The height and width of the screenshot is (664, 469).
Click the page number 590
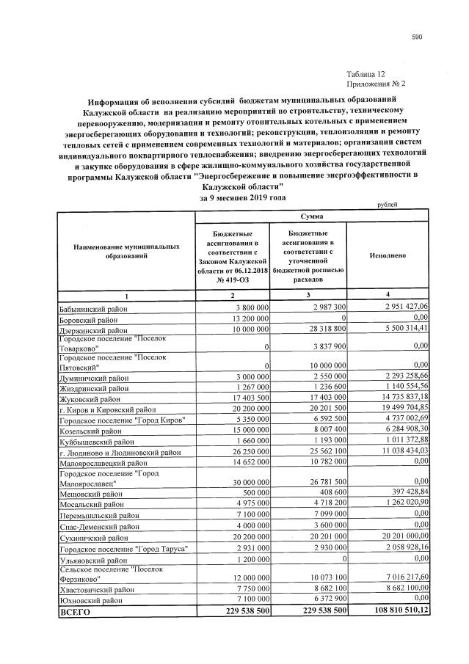(417, 37)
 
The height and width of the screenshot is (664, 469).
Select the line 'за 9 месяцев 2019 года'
(241, 198)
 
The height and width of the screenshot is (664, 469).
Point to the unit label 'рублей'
(386, 206)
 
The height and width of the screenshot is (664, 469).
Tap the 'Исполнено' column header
(388, 257)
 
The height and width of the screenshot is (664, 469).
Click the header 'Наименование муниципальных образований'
(126, 252)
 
